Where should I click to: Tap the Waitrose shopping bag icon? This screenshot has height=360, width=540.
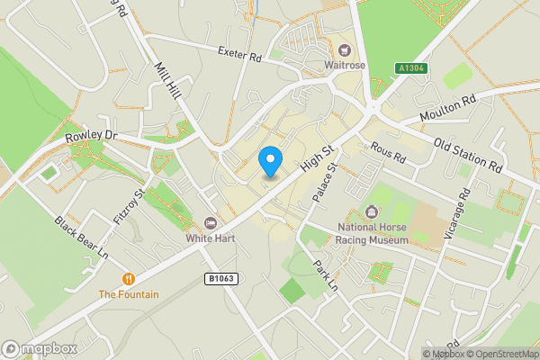coord(346,49)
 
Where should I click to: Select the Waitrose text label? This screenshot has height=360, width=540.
coord(346,64)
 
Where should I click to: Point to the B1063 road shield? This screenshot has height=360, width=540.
coord(220,279)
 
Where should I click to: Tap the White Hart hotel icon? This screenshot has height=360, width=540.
coord(211,223)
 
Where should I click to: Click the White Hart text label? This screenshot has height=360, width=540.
coord(211,238)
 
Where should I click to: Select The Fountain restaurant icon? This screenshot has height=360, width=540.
coord(130,279)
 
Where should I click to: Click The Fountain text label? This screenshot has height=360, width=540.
coord(129,294)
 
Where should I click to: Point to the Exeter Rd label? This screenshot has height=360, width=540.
coord(239,55)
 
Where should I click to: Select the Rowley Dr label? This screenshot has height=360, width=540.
coord(92,137)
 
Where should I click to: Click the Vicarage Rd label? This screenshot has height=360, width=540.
coord(464,208)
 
